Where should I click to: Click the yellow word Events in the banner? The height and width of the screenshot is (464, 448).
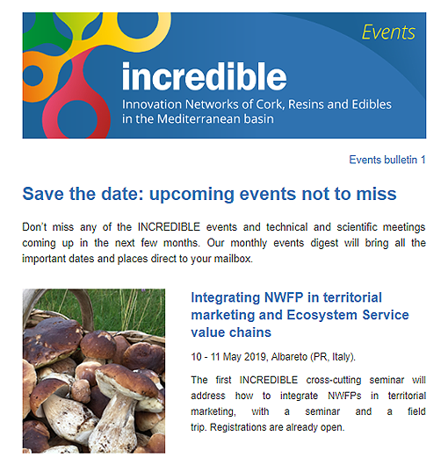coord(388,32)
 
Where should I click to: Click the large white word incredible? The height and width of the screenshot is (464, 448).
coord(205,75)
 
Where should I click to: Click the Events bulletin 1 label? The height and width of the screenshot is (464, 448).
coord(387,160)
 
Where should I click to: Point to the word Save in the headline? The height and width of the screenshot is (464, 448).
coord(43,194)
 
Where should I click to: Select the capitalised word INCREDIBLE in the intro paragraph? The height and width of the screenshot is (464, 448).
coord(169,227)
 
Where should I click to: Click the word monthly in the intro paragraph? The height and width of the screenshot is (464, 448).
coord(249,243)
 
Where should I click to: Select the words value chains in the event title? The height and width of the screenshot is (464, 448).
coord(231,332)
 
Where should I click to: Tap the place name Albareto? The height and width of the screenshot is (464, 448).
coord(289,357)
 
